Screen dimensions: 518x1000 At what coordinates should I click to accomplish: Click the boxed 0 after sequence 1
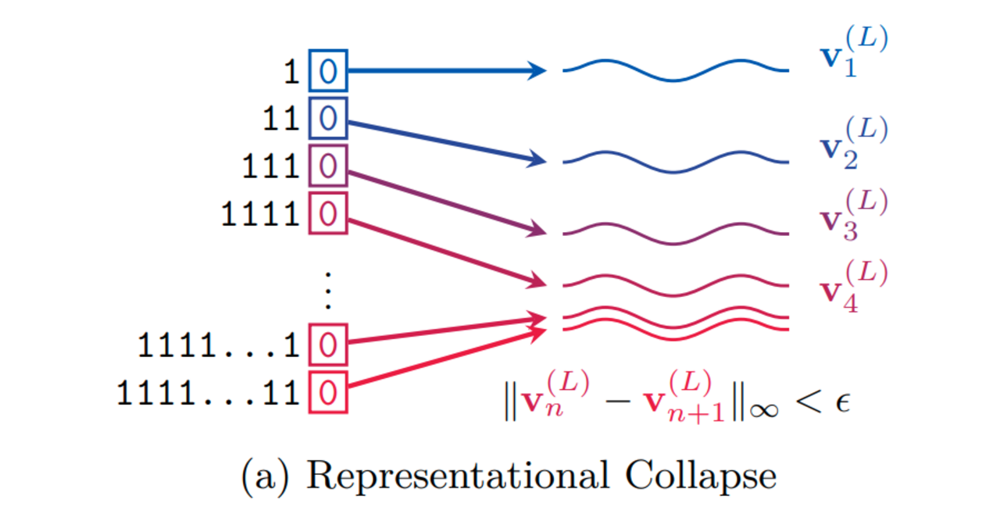point(328,71)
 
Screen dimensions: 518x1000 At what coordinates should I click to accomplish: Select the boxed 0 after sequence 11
point(328,119)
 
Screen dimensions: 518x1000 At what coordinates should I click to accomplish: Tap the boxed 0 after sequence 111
point(328,166)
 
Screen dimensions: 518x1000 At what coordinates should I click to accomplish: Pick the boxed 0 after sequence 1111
point(328,213)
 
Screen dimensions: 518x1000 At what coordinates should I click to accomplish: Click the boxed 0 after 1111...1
point(328,345)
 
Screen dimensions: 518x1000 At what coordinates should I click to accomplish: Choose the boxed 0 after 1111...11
point(328,392)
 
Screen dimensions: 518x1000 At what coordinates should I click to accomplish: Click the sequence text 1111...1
point(220,345)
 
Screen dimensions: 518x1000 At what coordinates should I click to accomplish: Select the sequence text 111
point(270,166)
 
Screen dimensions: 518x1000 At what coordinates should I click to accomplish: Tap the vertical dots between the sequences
point(328,291)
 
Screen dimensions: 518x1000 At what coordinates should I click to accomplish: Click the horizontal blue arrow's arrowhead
point(537,71)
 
